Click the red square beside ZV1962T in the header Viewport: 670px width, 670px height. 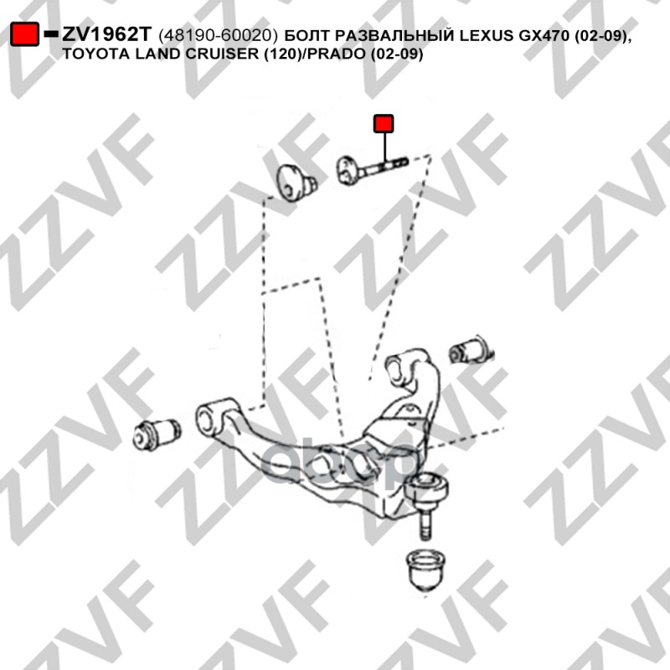(25, 34)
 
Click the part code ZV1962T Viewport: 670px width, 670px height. (107, 34)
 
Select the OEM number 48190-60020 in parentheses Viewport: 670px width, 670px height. (219, 35)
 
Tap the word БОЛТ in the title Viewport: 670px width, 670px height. (307, 35)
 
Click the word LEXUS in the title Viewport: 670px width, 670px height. (487, 35)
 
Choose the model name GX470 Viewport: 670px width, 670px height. (544, 35)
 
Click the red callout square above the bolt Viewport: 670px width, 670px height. (384, 123)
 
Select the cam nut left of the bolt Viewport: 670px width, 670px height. (295, 183)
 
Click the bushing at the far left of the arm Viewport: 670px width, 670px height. (157, 434)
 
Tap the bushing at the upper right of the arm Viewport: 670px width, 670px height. (470, 350)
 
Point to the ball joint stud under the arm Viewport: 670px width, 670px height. (425, 522)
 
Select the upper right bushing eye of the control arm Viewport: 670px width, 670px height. (400, 364)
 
